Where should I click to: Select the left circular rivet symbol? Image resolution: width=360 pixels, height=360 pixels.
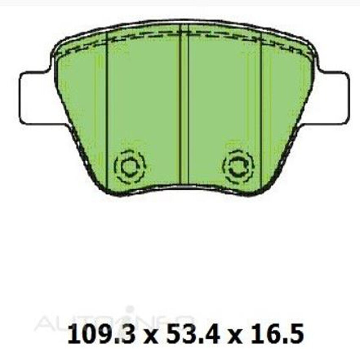[130, 166]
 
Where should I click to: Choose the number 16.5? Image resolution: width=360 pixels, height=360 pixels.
[281, 335]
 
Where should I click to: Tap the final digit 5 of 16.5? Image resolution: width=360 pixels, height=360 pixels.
[297, 335]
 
